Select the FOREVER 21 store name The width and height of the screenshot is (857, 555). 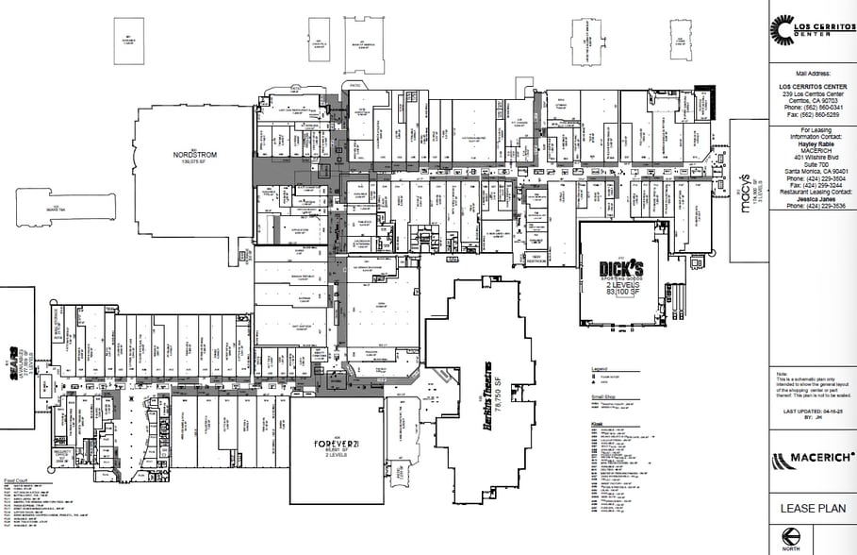coord(335,443)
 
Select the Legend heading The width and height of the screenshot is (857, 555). coord(600,369)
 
